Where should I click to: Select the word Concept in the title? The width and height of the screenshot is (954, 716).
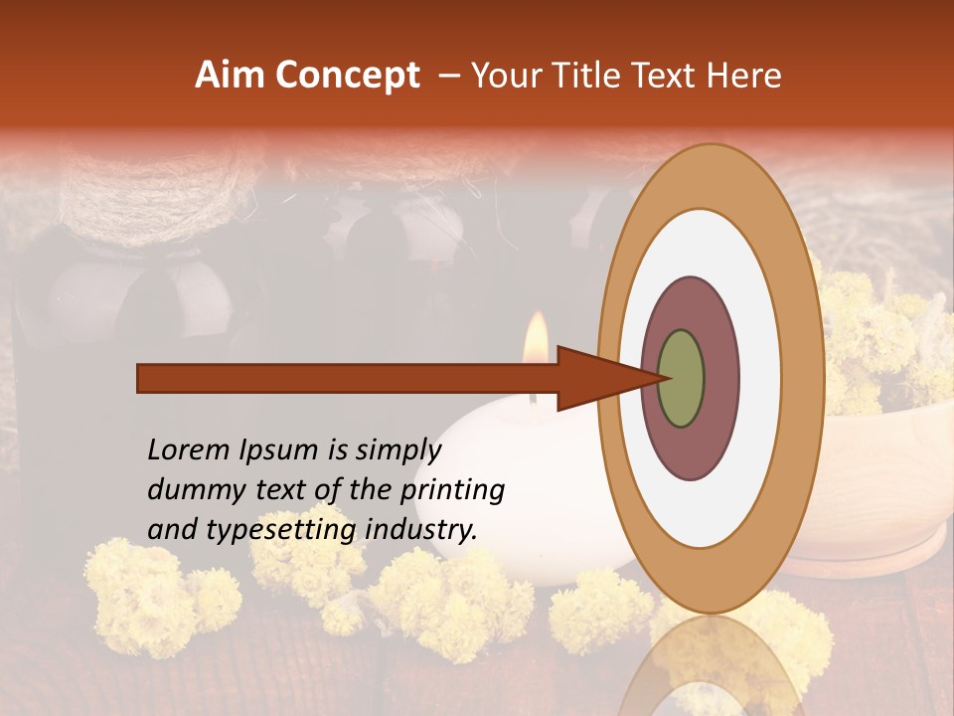click(347, 76)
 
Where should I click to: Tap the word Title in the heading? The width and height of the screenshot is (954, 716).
click(599, 76)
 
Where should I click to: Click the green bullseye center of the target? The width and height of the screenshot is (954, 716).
click(681, 378)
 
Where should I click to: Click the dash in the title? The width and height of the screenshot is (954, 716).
click(448, 76)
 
